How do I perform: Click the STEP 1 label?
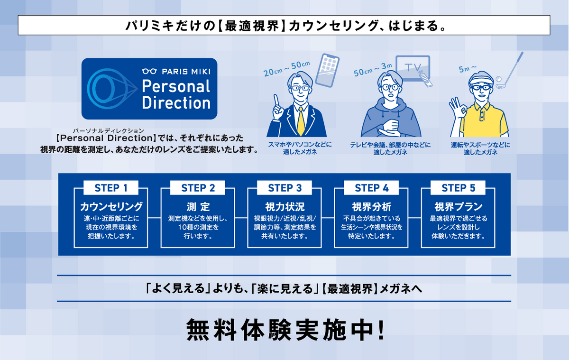[x=111, y=188]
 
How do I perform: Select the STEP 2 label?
[x=198, y=188]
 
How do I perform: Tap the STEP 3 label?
[x=284, y=188]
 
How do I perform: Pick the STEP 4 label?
[x=371, y=188]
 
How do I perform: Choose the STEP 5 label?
[x=458, y=188]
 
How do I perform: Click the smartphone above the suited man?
[x=328, y=69]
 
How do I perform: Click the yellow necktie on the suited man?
[x=300, y=121]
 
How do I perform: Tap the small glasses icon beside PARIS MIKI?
[x=149, y=72]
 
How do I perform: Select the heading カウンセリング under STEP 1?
[x=111, y=207]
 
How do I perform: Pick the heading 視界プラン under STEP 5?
[x=458, y=207]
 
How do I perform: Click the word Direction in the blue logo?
[x=176, y=102]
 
